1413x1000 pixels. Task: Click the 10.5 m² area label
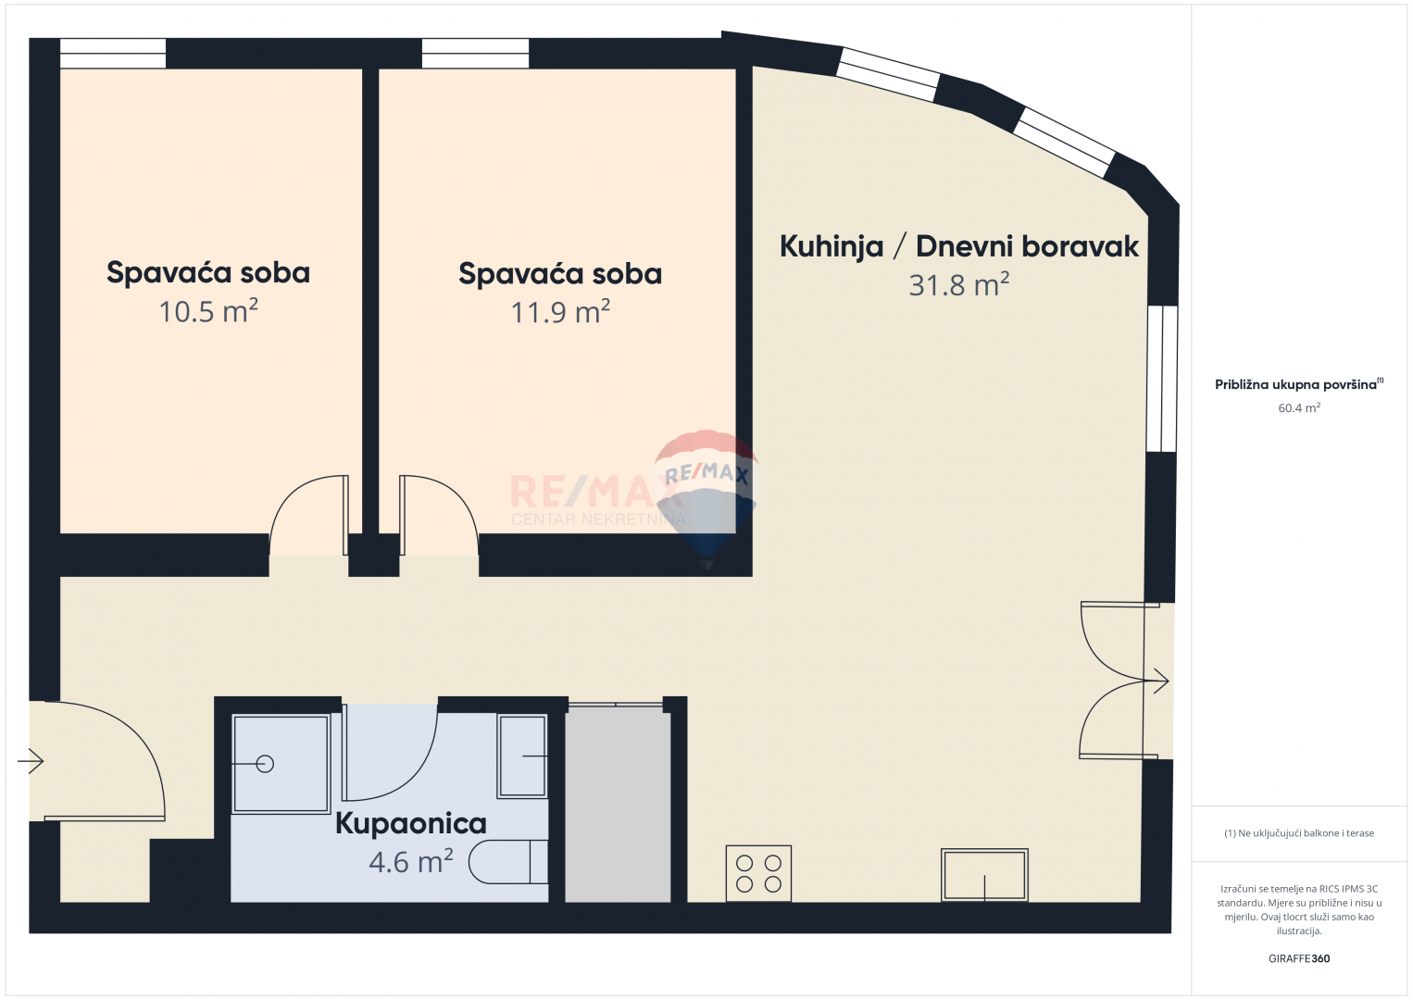point(208,311)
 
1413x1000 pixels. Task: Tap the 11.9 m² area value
point(560,312)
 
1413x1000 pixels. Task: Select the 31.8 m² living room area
point(959,284)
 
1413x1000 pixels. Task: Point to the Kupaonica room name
point(410,823)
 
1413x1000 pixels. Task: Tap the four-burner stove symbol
point(759,873)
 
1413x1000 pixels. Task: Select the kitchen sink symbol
point(984,875)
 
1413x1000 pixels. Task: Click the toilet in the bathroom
point(508,862)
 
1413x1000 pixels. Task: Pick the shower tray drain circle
point(265,764)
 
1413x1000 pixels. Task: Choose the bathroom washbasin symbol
point(522,756)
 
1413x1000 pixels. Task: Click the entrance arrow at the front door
point(31,761)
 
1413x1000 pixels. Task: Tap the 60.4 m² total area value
point(1299,408)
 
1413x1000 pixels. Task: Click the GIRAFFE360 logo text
point(1299,958)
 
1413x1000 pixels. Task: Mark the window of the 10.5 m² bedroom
point(113,53)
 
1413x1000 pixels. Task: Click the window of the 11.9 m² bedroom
point(475,53)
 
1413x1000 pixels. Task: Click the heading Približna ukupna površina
point(1295,385)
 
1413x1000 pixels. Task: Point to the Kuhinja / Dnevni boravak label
point(959,246)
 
